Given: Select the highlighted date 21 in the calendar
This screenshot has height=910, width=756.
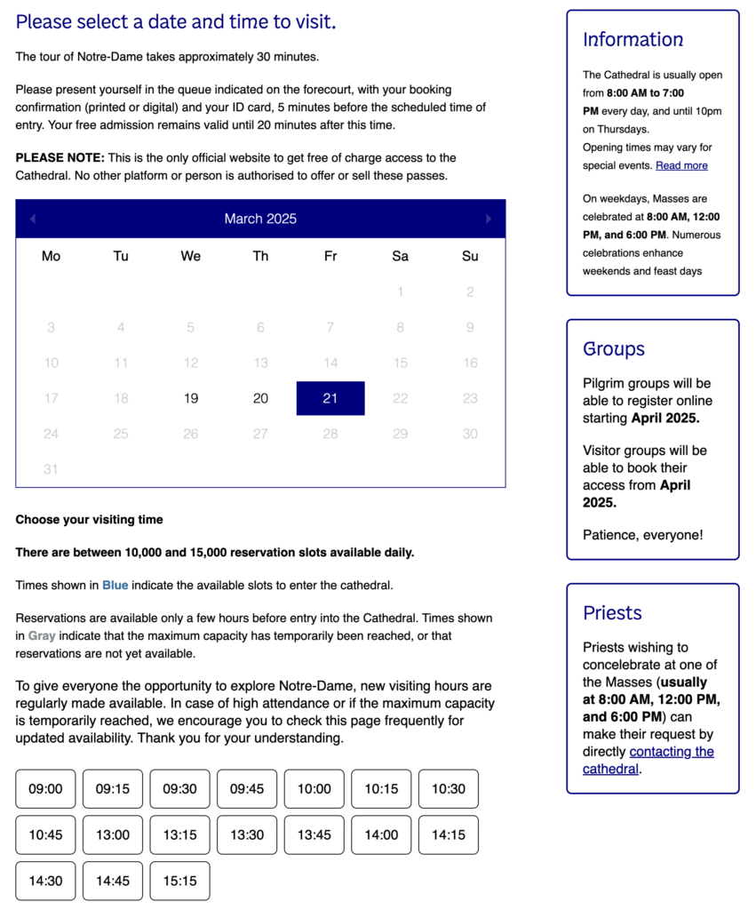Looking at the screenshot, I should [x=330, y=398].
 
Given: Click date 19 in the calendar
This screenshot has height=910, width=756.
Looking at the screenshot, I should [x=190, y=398].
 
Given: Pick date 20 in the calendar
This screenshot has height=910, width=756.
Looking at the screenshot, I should [x=260, y=398].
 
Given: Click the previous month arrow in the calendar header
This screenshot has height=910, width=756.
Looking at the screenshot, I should [x=33, y=219].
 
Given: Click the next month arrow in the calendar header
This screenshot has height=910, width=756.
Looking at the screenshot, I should [x=488, y=219].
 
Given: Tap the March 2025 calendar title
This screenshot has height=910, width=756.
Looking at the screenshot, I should [x=260, y=219].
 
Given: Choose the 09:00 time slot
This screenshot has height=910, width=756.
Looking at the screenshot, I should [x=45, y=789].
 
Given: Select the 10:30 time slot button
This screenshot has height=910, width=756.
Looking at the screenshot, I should [x=449, y=789].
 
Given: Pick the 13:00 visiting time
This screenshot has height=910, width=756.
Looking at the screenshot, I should [x=113, y=835].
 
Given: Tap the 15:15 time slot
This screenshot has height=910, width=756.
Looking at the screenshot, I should [x=179, y=881].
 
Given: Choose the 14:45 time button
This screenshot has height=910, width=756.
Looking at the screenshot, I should [x=113, y=881].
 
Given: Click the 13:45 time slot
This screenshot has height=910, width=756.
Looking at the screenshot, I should [x=314, y=835].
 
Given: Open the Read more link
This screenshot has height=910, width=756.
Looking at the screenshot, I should [x=681, y=165].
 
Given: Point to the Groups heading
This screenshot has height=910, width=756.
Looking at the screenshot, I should [x=614, y=349].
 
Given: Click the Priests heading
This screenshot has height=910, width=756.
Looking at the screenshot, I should [x=612, y=613].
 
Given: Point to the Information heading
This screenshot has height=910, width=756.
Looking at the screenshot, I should [x=633, y=40].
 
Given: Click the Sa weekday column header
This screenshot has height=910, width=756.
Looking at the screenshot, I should [x=400, y=257].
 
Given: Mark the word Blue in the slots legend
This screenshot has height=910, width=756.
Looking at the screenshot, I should [x=115, y=585].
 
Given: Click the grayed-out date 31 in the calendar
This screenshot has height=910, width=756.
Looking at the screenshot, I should [x=51, y=469].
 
